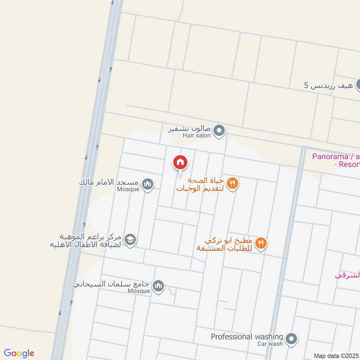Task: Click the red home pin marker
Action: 180,163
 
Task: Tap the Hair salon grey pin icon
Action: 219,131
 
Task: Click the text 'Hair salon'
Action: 197,135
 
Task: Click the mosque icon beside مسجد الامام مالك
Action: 148,184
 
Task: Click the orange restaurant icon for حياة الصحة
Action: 232,183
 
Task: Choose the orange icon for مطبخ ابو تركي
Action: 261,243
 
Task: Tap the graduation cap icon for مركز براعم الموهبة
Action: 130,239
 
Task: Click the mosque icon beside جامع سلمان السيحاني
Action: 158,285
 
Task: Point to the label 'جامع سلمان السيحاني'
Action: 113,284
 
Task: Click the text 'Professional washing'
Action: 247,337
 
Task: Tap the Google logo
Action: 19,353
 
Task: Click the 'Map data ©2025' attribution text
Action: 336,356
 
